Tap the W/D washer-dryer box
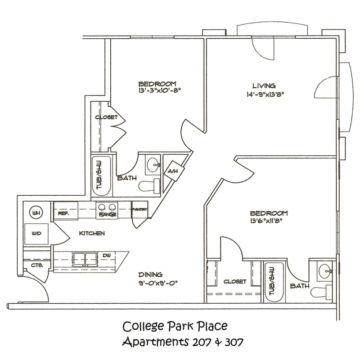click(x=36, y=234)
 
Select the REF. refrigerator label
click(x=63, y=213)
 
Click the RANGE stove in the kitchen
click(x=107, y=210)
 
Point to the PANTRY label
click(x=139, y=209)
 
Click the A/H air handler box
click(x=174, y=171)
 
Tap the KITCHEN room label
click(x=92, y=233)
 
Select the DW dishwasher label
click(x=107, y=255)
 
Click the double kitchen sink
click(x=85, y=259)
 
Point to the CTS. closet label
click(x=37, y=265)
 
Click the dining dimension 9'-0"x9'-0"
click(x=158, y=283)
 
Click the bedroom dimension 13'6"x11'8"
click(x=266, y=221)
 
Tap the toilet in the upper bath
click(x=150, y=186)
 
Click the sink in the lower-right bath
click(x=325, y=271)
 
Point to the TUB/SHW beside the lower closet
click(x=274, y=283)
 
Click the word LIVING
click(x=264, y=86)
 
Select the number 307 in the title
click(x=234, y=343)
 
